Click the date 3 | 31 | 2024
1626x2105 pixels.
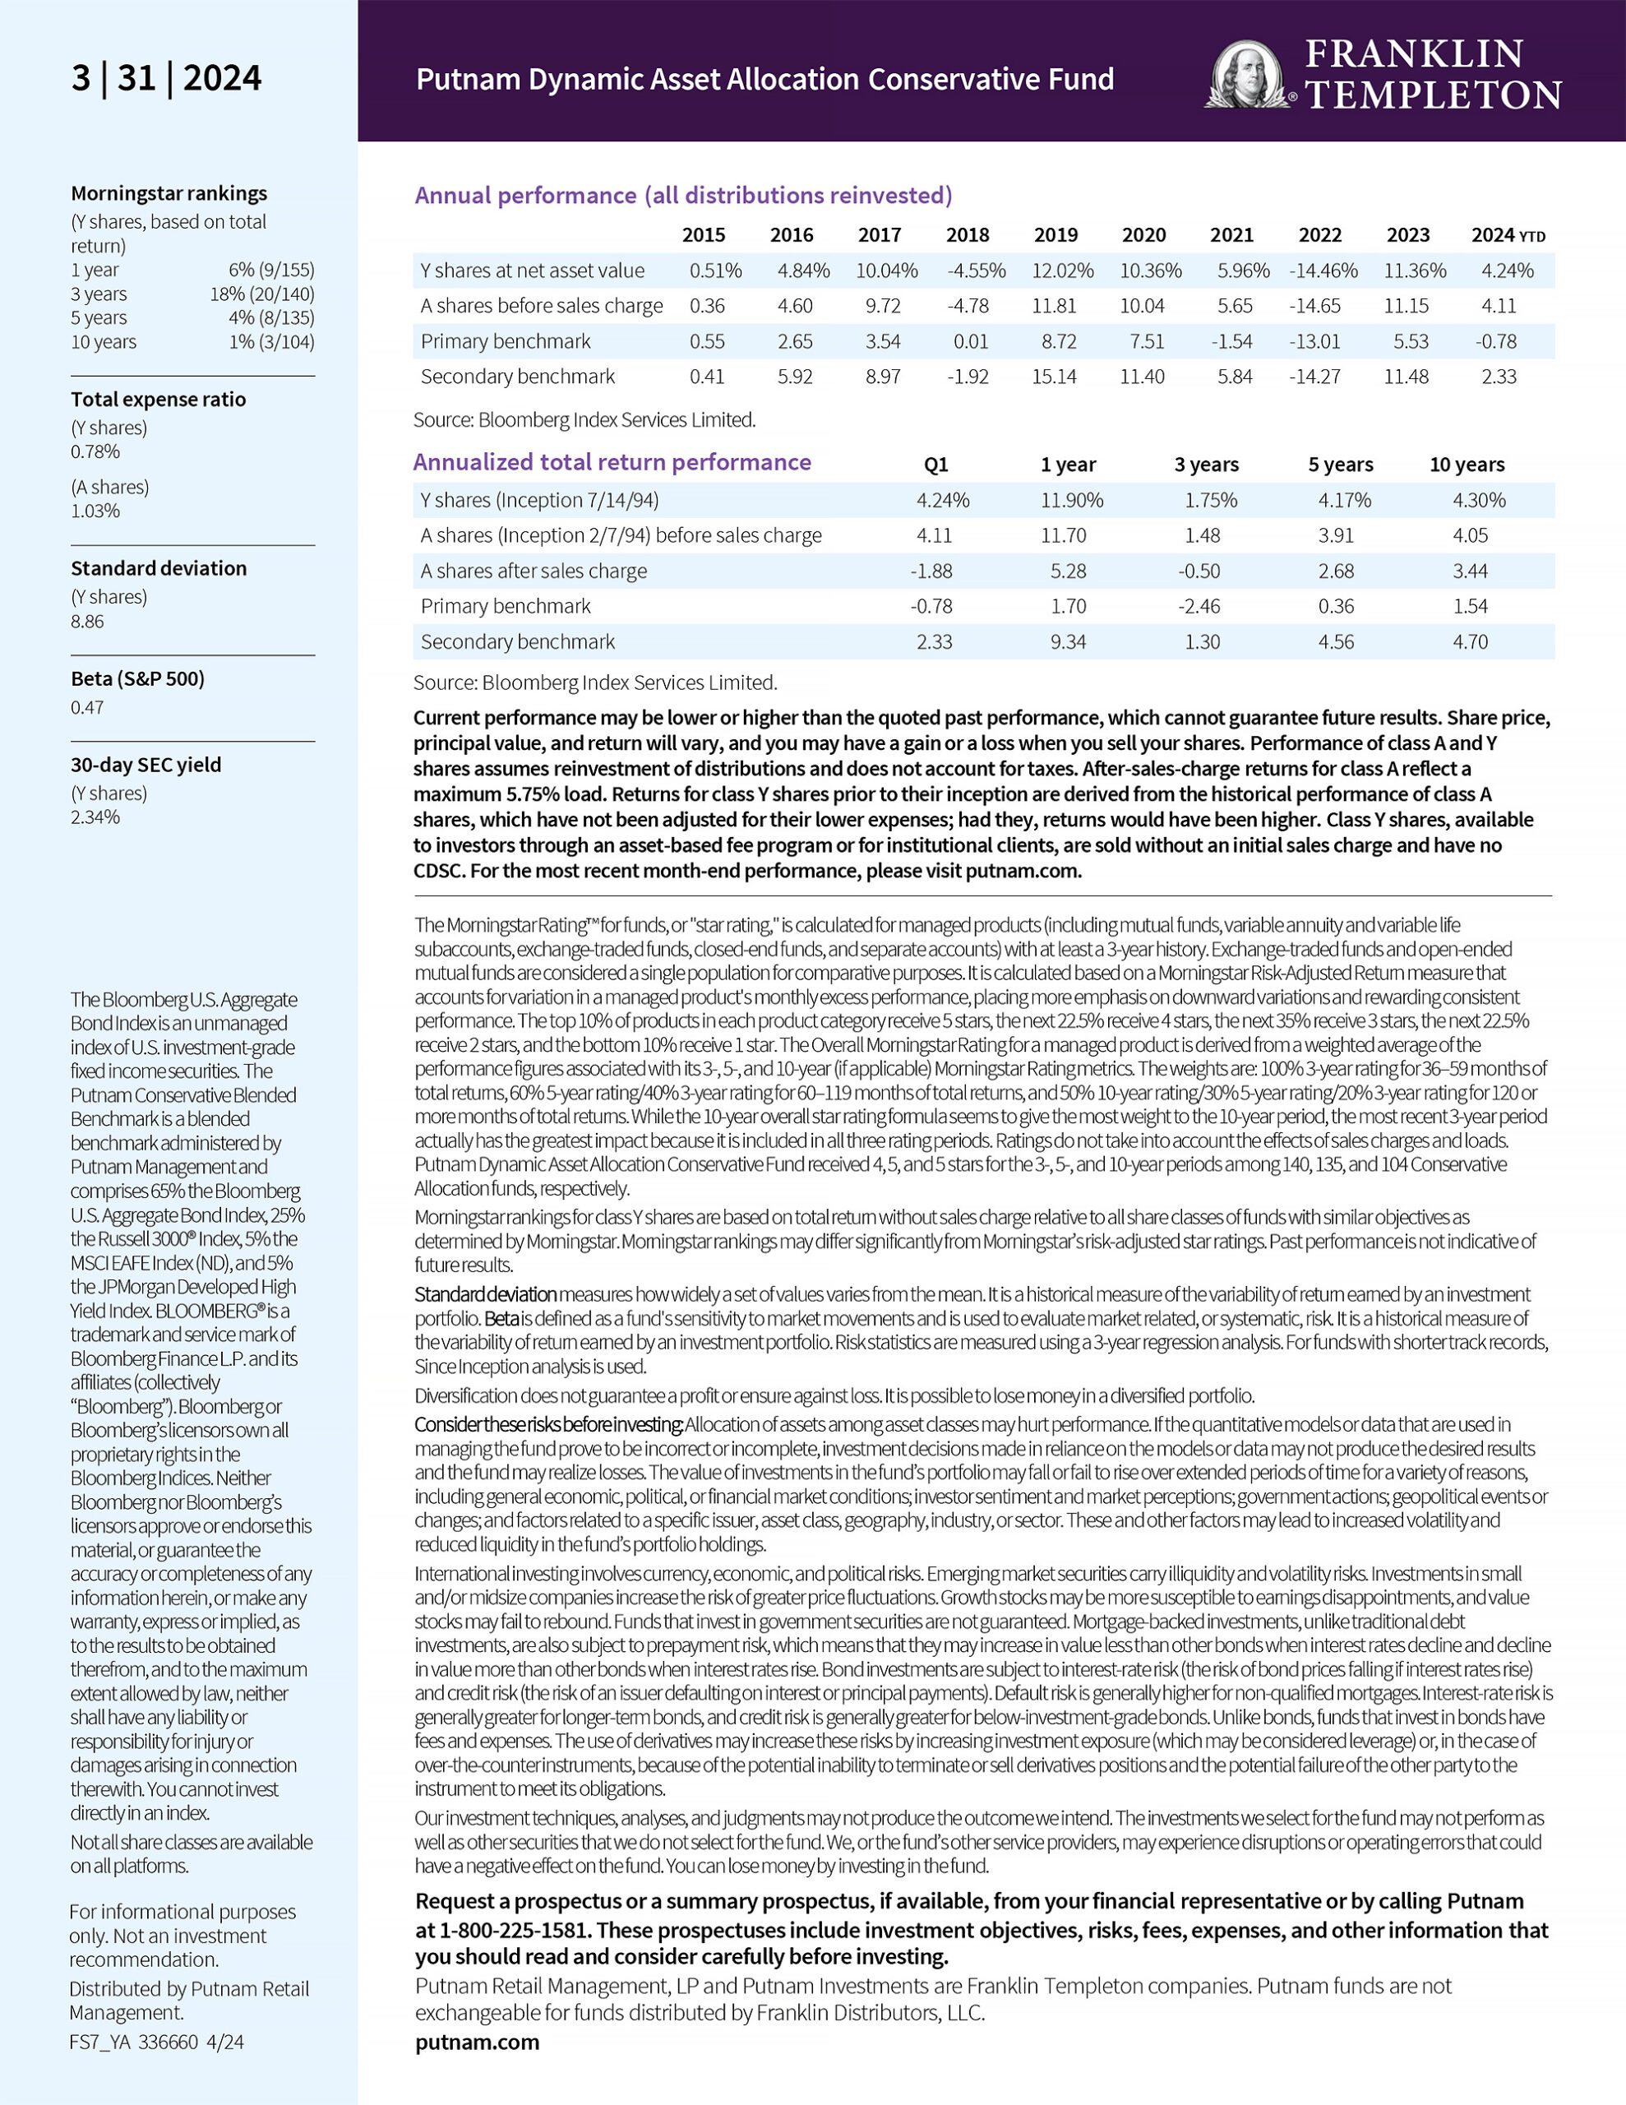point(166,78)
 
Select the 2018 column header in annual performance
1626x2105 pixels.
point(967,235)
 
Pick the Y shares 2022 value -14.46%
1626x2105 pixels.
point(1323,271)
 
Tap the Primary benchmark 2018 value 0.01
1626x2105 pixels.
point(968,341)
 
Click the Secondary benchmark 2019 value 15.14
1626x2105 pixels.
point(1055,377)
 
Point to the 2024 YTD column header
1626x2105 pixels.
point(1508,235)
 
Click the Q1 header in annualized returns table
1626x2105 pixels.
point(935,465)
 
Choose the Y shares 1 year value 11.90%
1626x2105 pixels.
point(1071,500)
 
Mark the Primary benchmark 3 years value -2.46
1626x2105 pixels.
point(1199,606)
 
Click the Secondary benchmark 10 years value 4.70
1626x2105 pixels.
point(1470,642)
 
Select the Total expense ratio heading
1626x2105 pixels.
point(158,399)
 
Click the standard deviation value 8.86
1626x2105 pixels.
point(87,622)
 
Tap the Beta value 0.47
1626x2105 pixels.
point(87,707)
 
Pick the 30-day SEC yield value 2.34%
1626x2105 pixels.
point(95,817)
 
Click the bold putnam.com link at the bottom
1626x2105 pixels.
point(477,2043)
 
